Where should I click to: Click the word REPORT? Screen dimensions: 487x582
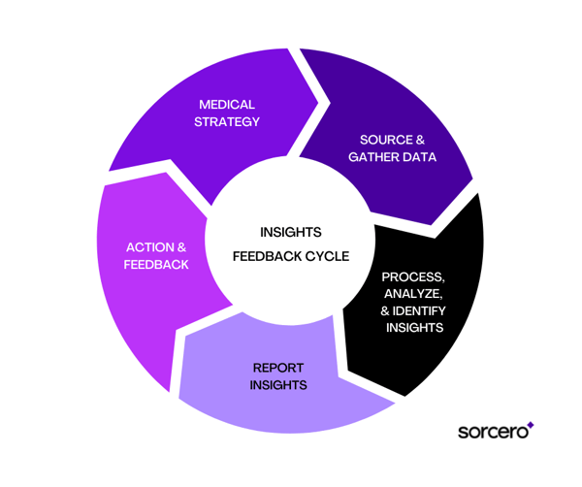pyautogui.click(x=279, y=368)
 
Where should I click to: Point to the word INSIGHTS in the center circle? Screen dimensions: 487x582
pyautogui.click(x=290, y=233)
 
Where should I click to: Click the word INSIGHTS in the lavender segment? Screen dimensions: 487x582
pyautogui.click(x=279, y=385)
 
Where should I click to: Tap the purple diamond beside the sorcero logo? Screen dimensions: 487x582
pyautogui.click(x=530, y=424)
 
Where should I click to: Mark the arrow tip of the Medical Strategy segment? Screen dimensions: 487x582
pyautogui.click(x=316, y=97)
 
